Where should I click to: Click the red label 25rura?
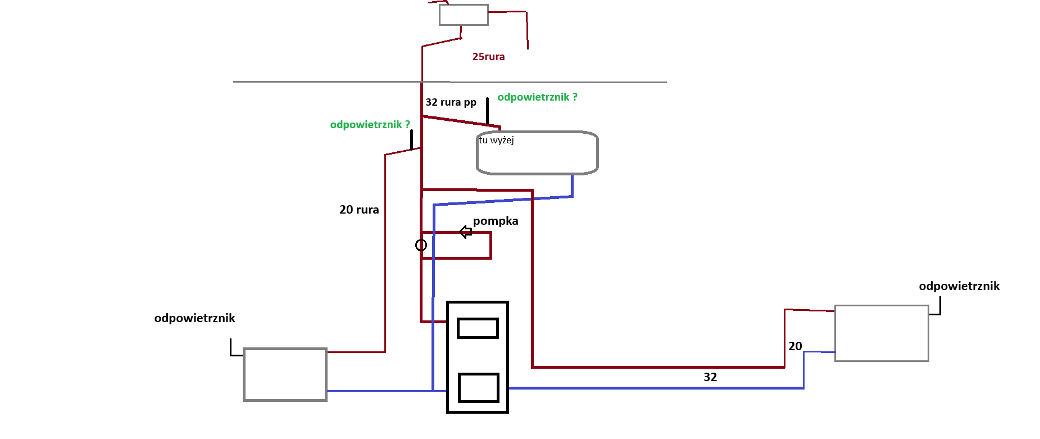(488, 57)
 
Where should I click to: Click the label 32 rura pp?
(451, 102)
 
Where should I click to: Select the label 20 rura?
(359, 210)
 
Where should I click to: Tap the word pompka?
(496, 221)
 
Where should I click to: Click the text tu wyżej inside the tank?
(496, 140)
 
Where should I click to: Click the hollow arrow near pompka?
(465, 232)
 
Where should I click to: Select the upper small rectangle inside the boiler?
(478, 328)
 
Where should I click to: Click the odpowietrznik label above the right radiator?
(959, 286)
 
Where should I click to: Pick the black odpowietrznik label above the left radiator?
(194, 318)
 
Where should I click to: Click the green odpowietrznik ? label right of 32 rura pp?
(537, 97)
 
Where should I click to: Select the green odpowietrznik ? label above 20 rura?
(370, 125)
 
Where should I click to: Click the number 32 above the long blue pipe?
(710, 377)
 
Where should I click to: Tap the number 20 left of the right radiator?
(795, 346)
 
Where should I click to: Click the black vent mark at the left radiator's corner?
(231, 355)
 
